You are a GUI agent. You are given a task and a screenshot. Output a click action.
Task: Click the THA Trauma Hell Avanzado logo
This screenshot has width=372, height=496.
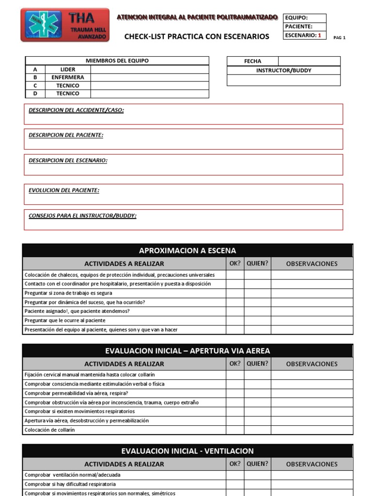(65, 25)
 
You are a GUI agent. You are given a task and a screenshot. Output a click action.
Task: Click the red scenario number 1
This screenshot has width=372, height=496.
(319, 35)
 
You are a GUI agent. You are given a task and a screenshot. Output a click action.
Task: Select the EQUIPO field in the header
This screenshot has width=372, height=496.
(296, 18)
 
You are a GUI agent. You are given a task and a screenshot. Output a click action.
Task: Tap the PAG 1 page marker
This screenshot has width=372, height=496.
(340, 38)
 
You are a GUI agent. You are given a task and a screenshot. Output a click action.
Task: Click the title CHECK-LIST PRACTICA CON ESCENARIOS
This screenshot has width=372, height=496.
(197, 36)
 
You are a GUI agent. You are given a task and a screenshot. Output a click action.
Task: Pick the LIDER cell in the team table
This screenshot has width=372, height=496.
(68, 69)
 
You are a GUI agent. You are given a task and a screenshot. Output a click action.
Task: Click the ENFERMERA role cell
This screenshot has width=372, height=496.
(68, 77)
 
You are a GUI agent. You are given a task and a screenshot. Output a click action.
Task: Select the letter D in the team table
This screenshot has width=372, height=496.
(35, 93)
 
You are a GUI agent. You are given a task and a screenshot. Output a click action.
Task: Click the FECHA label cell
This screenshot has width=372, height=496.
(252, 62)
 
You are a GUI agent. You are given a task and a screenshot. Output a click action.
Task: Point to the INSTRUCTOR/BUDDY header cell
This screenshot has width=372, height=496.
(283, 71)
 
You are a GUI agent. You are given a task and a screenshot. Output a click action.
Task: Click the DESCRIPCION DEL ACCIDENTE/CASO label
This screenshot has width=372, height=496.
(76, 110)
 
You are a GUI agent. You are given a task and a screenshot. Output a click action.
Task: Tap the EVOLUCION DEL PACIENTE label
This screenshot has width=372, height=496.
(64, 190)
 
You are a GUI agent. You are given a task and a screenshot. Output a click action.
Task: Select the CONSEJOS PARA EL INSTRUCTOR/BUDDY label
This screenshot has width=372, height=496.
(82, 216)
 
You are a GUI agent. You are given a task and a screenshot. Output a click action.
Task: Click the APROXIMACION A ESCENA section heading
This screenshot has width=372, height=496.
(187, 250)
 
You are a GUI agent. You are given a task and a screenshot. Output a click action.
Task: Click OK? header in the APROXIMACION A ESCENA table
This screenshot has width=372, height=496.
(235, 263)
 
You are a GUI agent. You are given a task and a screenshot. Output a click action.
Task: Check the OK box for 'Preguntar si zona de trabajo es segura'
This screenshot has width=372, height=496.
(235, 293)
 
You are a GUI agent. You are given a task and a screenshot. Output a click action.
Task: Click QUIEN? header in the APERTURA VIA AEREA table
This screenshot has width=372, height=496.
(257, 364)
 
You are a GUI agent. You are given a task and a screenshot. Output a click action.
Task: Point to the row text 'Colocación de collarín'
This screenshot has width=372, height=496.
(50, 430)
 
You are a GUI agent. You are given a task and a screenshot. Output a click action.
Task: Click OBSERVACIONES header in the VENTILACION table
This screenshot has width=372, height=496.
(311, 464)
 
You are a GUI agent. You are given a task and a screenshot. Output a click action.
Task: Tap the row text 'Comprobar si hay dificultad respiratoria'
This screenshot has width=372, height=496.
(70, 484)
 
